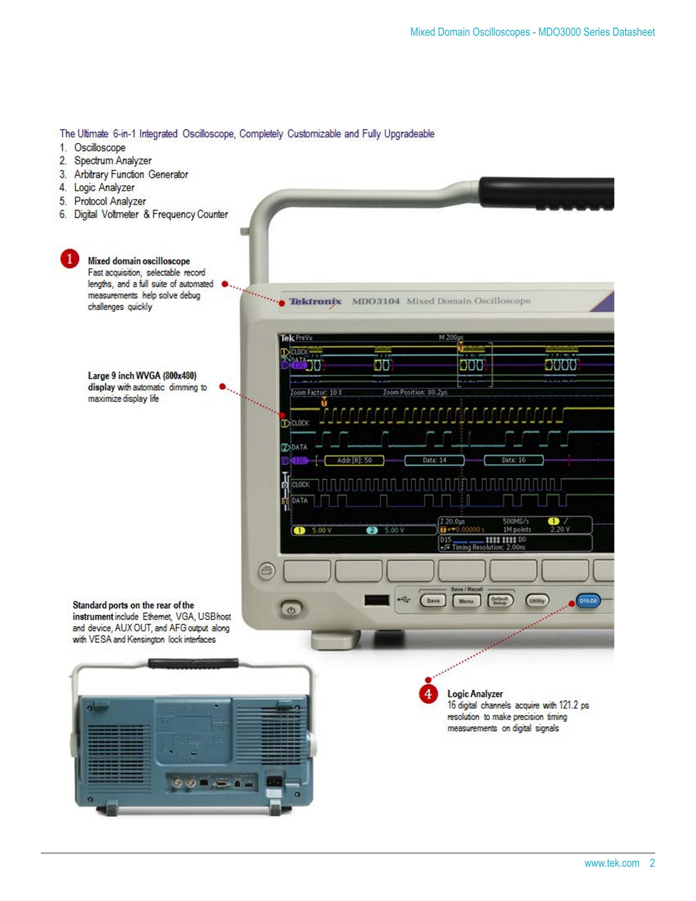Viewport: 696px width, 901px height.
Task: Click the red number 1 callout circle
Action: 70,259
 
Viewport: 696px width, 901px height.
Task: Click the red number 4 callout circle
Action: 428,694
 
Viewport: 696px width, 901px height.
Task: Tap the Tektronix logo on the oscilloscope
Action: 315,301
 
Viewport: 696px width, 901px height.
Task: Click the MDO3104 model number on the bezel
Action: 376,301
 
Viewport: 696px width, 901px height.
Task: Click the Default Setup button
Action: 500,601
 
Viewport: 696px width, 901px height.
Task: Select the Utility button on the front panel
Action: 536,601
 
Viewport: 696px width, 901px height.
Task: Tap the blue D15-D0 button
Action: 588,601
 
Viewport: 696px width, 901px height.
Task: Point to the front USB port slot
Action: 376,600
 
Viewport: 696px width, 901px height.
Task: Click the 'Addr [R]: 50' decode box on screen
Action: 354,460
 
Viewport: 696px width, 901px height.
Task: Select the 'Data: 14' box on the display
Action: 434,460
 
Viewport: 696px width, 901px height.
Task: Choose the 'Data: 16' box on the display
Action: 513,460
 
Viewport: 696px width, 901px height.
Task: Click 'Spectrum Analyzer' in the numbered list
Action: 113,161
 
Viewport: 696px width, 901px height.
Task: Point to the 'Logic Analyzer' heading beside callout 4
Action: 475,694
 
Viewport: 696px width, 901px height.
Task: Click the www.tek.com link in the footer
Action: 612,863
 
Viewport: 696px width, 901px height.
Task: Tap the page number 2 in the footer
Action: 652,863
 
